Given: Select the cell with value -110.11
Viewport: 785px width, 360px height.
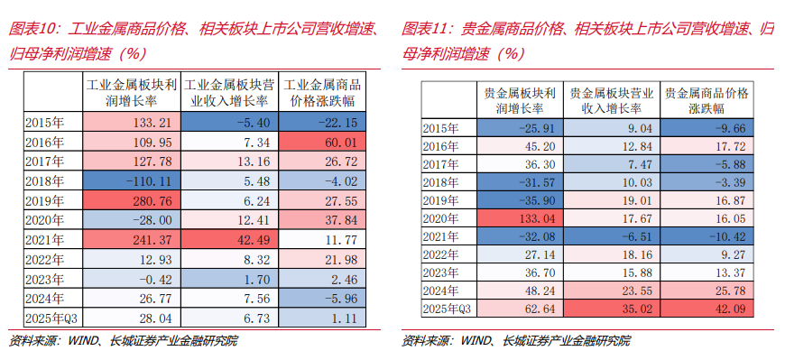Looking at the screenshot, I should point(133,180).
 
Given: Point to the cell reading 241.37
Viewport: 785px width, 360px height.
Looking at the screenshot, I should point(133,239).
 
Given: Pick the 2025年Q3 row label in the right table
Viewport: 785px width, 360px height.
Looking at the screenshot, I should point(448,309).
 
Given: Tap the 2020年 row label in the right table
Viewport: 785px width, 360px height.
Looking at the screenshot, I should point(448,218).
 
